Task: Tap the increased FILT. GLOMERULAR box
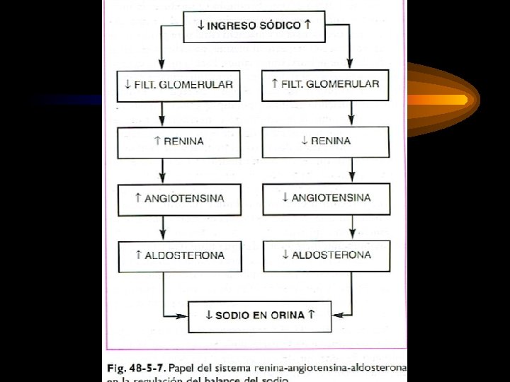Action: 325,85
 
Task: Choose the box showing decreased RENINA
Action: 326,141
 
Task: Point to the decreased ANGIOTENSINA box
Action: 326,198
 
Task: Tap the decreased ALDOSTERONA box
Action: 326,255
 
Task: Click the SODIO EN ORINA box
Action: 259,316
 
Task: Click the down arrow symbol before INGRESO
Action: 201,25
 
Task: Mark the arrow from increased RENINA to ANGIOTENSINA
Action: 163,170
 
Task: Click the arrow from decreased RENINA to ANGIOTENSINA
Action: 352,170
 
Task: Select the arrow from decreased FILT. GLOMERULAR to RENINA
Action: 163,113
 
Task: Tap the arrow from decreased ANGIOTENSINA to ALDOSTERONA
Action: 352,226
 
